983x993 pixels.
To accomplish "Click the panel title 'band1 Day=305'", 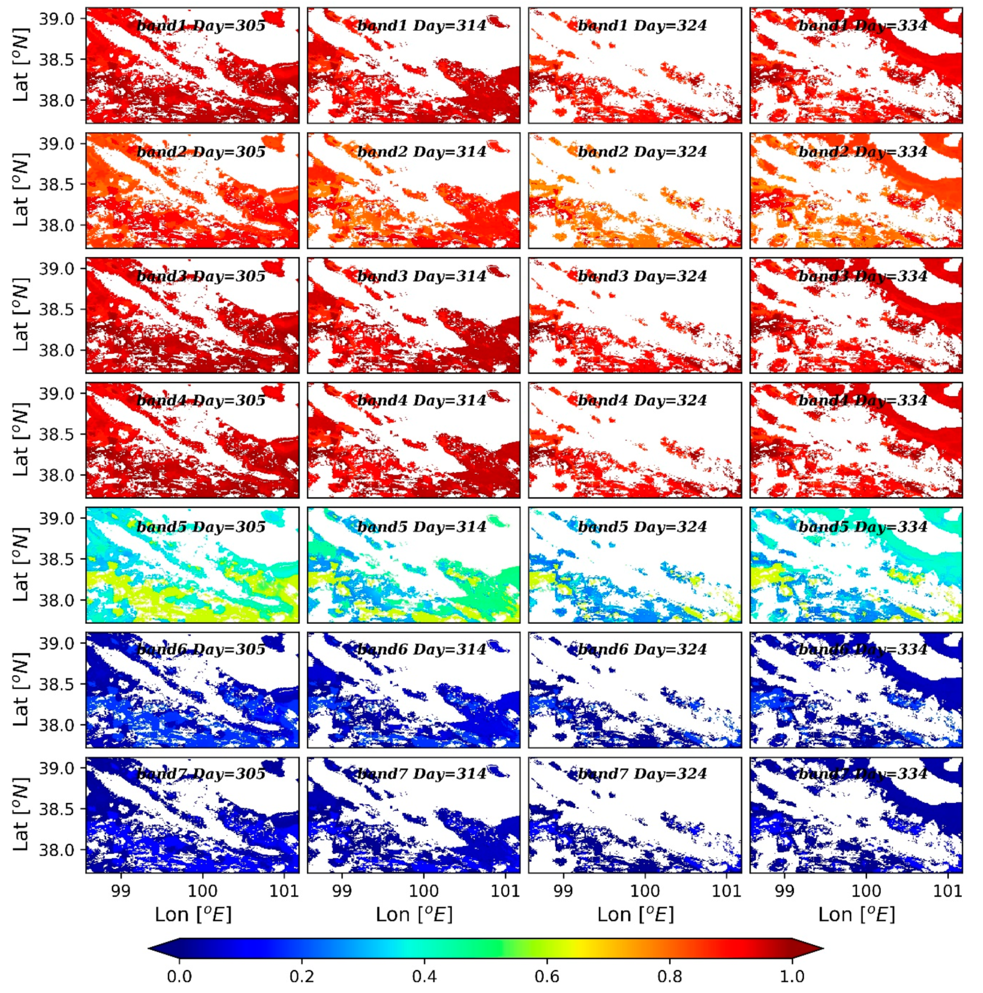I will coord(201,26).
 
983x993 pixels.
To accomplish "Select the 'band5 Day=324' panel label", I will coord(642,527).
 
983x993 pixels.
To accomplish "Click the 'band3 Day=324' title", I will coord(642,277).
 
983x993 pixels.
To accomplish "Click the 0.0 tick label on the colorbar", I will coord(179,975).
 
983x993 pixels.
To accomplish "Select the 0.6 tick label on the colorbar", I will coord(547,975).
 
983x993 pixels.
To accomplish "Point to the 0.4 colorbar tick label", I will coord(425,975).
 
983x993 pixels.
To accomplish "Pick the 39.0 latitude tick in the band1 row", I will coord(57,19).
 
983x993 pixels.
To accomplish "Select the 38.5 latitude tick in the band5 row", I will coord(57,560).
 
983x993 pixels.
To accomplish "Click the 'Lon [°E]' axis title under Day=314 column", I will coord(414,915).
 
